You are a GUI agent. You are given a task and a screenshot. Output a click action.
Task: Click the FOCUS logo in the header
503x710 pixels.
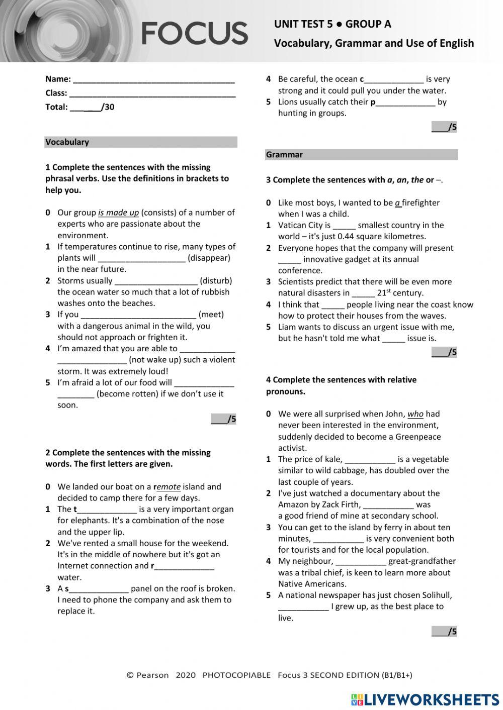pyautogui.click(x=194, y=33)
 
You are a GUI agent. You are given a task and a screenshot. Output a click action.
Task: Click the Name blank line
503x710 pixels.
pyautogui.click(x=153, y=79)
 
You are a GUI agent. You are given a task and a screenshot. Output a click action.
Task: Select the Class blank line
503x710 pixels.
pyautogui.click(x=152, y=93)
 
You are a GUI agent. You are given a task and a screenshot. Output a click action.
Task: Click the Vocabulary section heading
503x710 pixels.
pyautogui.click(x=67, y=142)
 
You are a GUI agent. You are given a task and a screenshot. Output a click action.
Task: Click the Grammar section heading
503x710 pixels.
pyautogui.click(x=284, y=155)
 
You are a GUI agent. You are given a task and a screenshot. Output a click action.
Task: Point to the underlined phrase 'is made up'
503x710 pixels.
pyautogui.click(x=118, y=213)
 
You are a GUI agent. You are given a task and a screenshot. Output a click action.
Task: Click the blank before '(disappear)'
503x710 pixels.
pyautogui.click(x=141, y=258)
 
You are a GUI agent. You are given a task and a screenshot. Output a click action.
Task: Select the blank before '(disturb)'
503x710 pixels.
pyautogui.click(x=156, y=281)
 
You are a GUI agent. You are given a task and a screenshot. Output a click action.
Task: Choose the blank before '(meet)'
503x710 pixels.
pyautogui.click(x=138, y=315)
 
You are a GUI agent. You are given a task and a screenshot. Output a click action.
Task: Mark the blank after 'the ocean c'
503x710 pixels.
pyautogui.click(x=394, y=79)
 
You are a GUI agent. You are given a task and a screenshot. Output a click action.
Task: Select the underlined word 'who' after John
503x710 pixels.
pyautogui.click(x=415, y=414)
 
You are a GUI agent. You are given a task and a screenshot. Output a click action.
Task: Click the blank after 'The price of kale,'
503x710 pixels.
pyautogui.click(x=370, y=459)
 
